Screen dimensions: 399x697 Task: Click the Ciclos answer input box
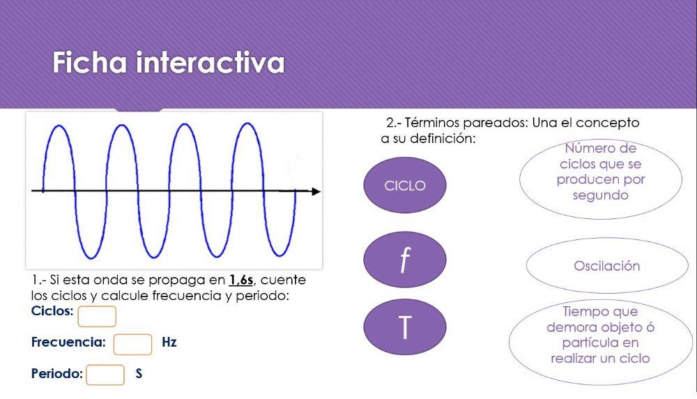97,316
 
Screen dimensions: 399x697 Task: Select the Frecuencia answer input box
132,344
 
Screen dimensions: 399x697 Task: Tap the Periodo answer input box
105,375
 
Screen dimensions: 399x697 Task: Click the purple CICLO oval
405,186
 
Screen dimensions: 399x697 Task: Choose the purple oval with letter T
405,326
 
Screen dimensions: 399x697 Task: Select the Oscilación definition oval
606,266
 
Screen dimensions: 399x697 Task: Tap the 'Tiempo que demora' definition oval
600,336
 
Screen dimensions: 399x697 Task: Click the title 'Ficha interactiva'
169,63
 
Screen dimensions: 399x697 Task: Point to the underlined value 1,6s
241,280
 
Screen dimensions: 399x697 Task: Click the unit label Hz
169,342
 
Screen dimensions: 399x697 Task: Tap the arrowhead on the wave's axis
316,191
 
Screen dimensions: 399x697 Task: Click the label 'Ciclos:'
52,311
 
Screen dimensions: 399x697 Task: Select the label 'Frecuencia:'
68,342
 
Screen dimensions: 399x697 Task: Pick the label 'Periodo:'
57,374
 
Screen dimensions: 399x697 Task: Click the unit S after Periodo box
139,374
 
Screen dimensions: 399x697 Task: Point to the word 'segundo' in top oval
600,195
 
